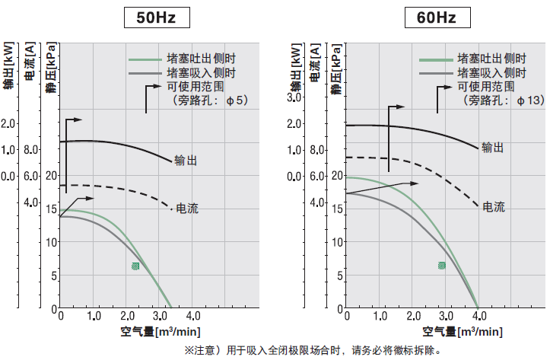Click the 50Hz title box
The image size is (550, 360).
pos(156,18)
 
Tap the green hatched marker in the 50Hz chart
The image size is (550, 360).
pos(135,266)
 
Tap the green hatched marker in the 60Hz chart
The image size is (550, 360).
pos(441,265)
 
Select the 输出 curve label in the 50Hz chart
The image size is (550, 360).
pos(186,161)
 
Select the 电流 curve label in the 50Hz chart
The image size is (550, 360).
pos(186,208)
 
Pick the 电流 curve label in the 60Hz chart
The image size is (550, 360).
pos(493,206)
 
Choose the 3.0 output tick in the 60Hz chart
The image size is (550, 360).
pos(295,97)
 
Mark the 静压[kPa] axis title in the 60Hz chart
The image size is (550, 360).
pos(335,70)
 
